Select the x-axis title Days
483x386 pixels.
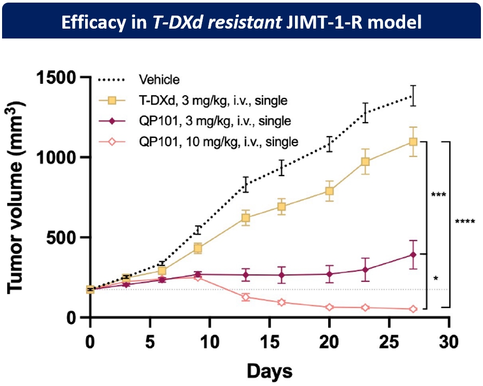point(269,371)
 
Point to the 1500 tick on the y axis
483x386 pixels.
point(57,78)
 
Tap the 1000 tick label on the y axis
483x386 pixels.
point(57,158)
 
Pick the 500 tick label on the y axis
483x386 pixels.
point(63,238)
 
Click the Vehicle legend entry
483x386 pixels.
point(159,80)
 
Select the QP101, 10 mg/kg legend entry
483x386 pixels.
point(218,141)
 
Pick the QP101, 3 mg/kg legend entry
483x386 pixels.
point(214,121)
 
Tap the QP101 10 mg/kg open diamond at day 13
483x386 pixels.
point(246,298)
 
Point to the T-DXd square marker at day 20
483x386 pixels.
point(329,191)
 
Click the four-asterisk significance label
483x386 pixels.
point(465,222)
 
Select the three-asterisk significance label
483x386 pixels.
point(439,195)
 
